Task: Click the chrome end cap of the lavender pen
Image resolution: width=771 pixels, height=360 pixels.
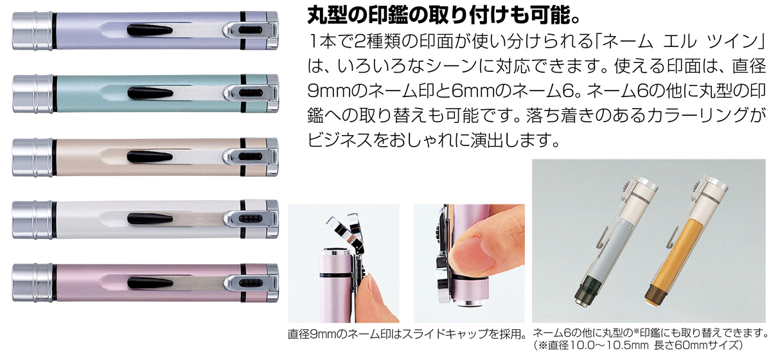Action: pos(32,31)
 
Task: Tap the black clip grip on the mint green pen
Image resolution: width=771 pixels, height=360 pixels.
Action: pos(150,93)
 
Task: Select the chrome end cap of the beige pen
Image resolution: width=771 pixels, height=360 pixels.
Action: pos(32,157)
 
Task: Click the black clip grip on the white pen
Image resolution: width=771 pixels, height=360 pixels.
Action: pos(150,219)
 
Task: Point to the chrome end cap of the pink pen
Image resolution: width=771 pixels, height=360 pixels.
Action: pos(32,283)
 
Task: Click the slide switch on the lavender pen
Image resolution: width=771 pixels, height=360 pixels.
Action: pos(251,30)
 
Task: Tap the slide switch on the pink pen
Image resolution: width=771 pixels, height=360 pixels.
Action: pos(251,283)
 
